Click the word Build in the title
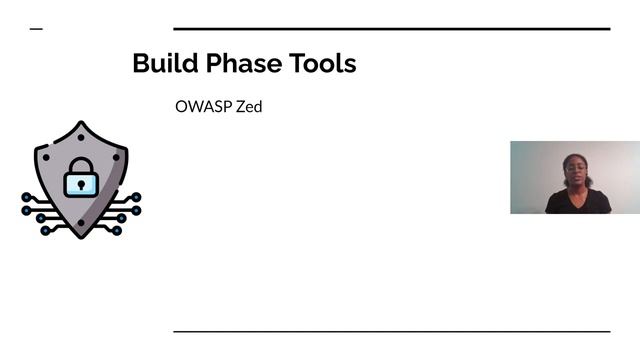coord(161,64)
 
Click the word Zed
coord(248,106)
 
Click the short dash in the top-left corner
coord(37,29)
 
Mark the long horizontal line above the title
coord(391,29)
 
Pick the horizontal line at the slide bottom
coord(391,331)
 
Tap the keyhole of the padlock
coord(81,183)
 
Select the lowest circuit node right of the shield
coord(117,231)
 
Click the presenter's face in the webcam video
coord(577,170)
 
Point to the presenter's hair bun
coord(577,153)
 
